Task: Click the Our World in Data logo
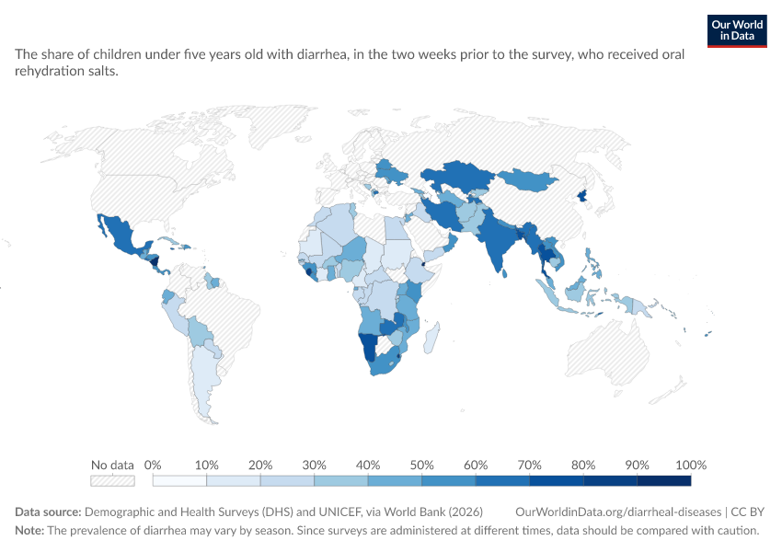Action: pyautogui.click(x=737, y=31)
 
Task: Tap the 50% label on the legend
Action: pyautogui.click(x=421, y=466)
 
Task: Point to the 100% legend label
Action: pyautogui.click(x=691, y=466)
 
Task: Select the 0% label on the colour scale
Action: pyautogui.click(x=153, y=466)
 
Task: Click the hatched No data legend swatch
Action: pyautogui.click(x=112, y=480)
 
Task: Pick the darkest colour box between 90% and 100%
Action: pyautogui.click(x=664, y=480)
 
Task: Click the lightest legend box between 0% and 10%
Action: pyautogui.click(x=179, y=480)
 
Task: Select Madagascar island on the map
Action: pyautogui.click(x=431, y=338)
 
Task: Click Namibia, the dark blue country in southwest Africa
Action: pyautogui.click(x=369, y=346)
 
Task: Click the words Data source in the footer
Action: pyautogui.click(x=48, y=512)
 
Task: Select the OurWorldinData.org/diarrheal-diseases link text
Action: pyautogui.click(x=618, y=512)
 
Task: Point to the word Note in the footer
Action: pyautogui.click(x=29, y=531)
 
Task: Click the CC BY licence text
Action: pyautogui.click(x=748, y=512)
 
